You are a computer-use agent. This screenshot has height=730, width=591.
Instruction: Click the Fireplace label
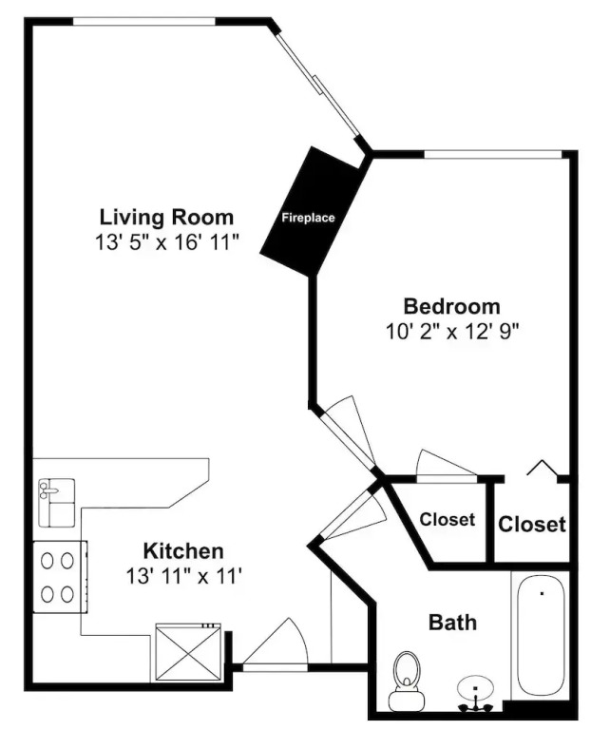[308, 218]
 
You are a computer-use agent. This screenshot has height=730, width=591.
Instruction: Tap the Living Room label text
[166, 218]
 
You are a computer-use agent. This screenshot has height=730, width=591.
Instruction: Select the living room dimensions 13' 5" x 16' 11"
[166, 242]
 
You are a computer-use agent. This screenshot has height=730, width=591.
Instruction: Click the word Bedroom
[452, 307]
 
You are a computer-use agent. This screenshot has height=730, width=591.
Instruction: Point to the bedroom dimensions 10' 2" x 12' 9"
[452, 332]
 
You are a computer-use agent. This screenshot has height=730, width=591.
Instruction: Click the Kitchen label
[183, 551]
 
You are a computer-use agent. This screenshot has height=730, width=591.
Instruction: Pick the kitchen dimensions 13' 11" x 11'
[183, 577]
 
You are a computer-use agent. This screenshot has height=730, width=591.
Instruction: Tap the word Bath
[452, 623]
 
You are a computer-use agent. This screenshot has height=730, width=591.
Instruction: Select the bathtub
[541, 636]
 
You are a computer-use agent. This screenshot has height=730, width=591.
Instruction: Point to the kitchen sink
[56, 503]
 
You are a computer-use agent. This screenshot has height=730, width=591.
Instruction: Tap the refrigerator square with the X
[188, 653]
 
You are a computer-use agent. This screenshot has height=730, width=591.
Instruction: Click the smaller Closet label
[448, 519]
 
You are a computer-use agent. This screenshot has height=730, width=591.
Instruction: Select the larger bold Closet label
[532, 525]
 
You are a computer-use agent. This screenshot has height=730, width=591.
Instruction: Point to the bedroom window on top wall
[493, 155]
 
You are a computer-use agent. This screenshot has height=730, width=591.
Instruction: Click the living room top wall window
[144, 22]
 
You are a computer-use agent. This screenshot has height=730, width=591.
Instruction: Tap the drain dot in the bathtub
[543, 593]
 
